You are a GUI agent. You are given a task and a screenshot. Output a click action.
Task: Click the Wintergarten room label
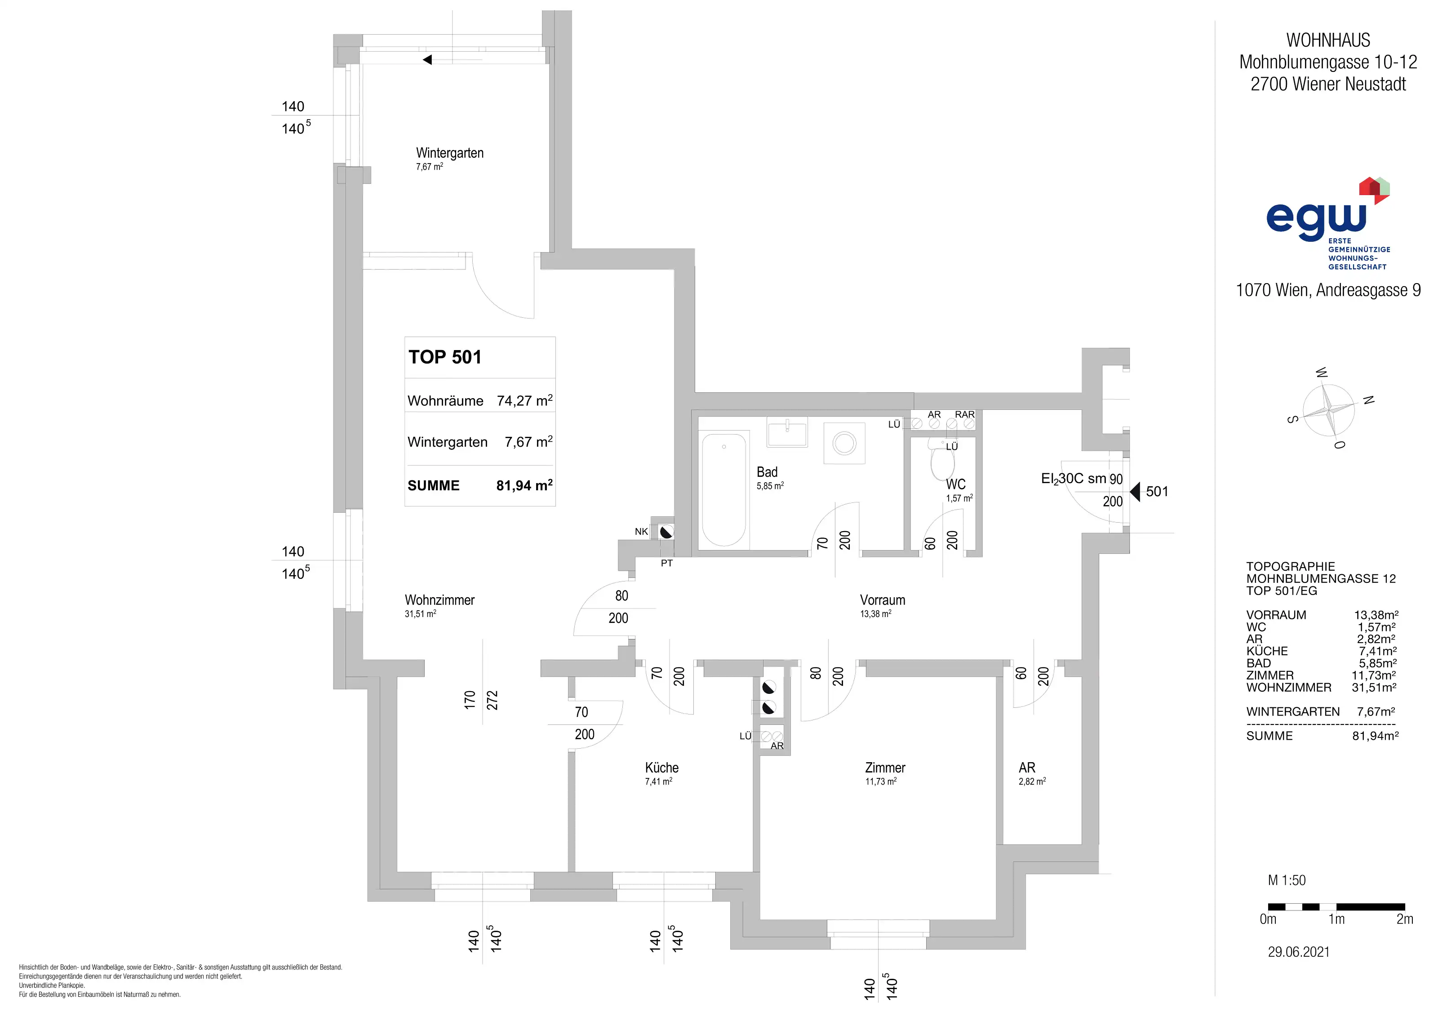click(450, 153)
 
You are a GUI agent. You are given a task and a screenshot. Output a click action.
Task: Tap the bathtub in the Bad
click(724, 489)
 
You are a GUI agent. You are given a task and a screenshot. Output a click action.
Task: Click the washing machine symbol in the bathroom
click(844, 444)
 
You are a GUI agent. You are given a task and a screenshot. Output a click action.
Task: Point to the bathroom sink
click(787, 432)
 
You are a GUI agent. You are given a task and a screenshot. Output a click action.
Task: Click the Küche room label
click(661, 768)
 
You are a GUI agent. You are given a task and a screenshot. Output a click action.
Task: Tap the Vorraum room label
click(883, 600)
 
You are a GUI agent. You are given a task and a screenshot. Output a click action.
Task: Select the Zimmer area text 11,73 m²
click(881, 782)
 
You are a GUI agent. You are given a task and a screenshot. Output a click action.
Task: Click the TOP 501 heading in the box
click(445, 357)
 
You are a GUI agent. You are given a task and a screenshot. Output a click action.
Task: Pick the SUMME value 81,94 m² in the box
click(524, 485)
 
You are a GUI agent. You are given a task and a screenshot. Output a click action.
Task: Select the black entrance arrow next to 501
click(1134, 492)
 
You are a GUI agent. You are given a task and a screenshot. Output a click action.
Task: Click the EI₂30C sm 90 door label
click(1082, 479)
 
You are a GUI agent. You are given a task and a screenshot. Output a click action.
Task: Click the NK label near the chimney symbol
click(641, 532)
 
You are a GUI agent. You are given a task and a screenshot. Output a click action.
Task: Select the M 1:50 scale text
click(1287, 880)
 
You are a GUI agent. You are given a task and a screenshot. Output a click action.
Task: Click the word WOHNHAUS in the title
click(1328, 40)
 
